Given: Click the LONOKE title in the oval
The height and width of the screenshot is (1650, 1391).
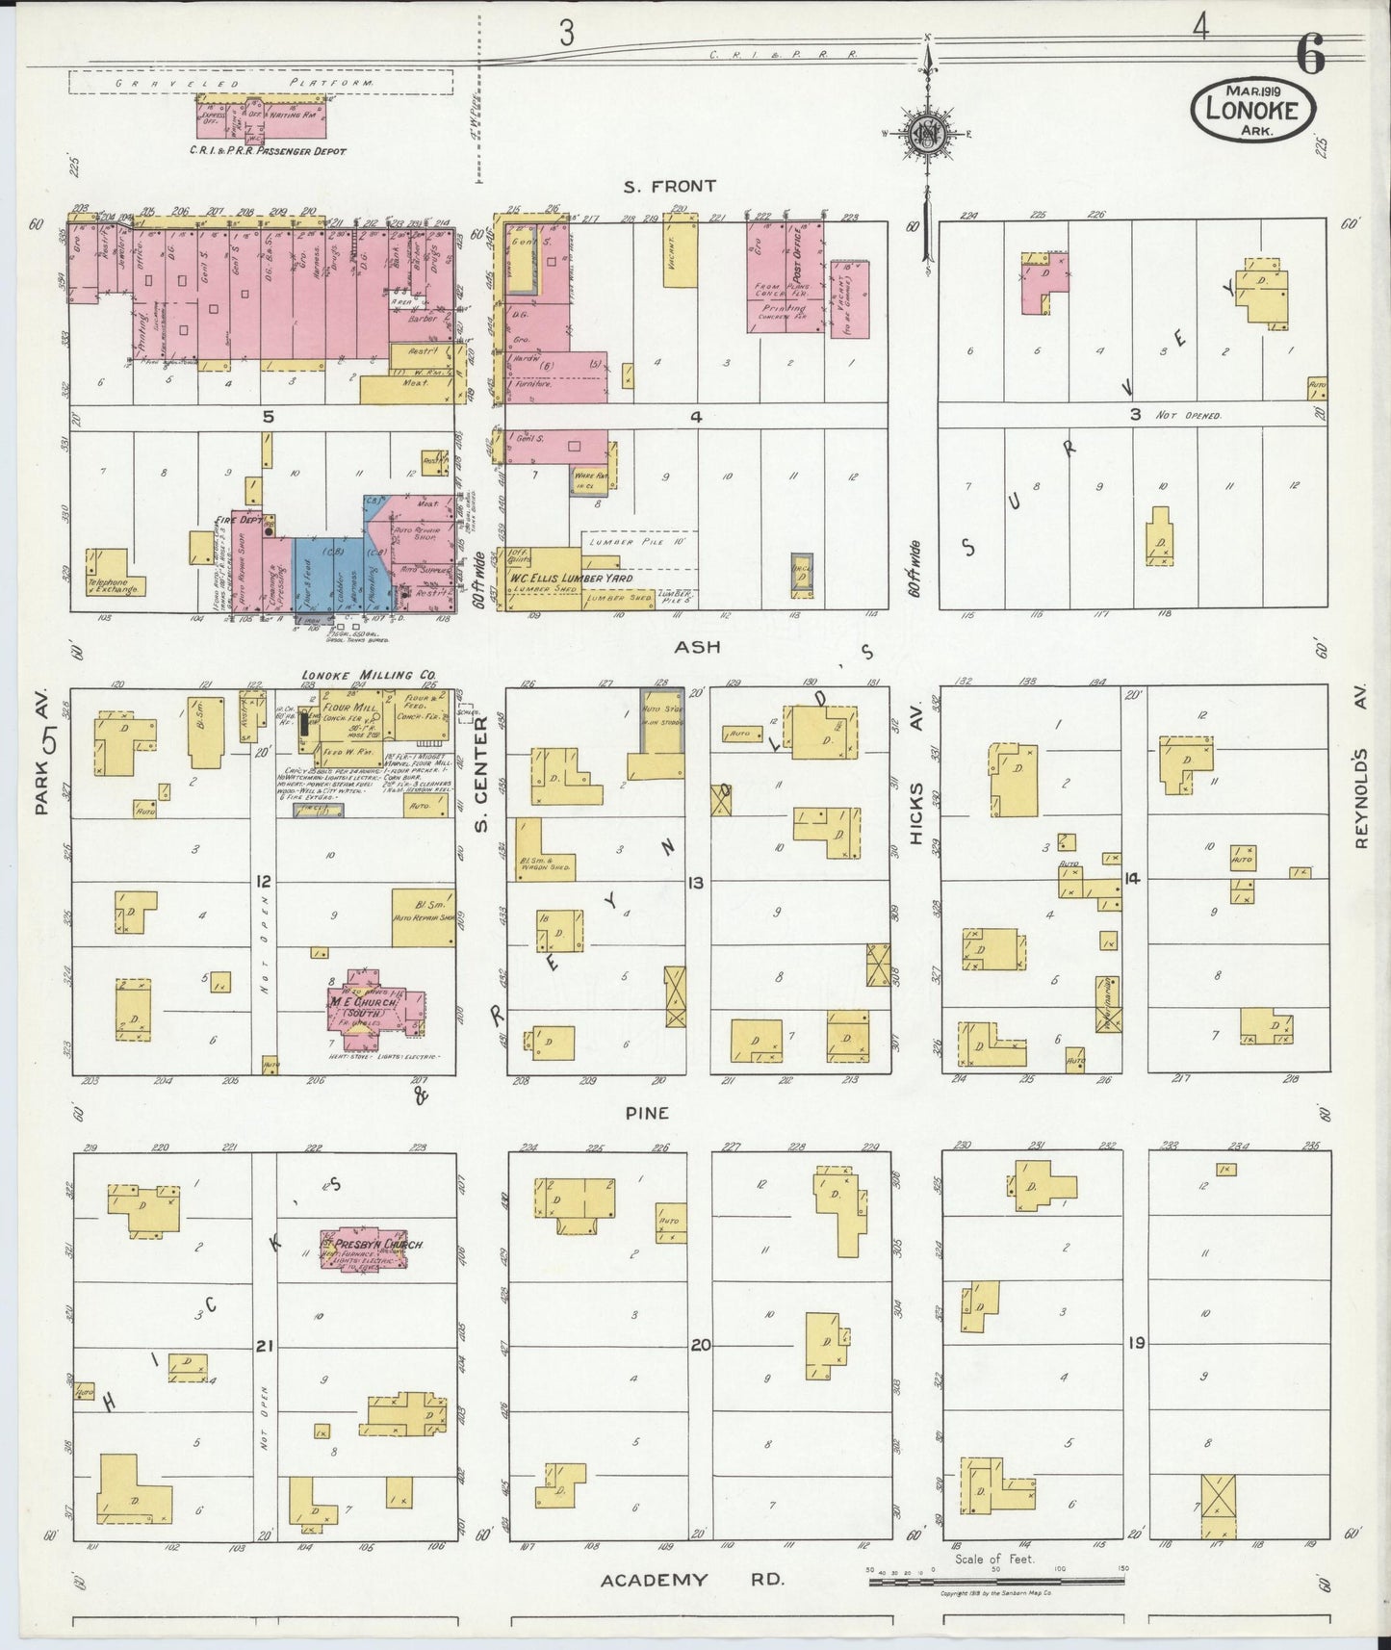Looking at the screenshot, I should pyautogui.click(x=1253, y=110).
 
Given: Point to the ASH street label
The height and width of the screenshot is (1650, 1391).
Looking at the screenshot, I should pyautogui.click(x=697, y=647).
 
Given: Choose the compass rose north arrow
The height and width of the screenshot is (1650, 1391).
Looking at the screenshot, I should pyautogui.click(x=927, y=135).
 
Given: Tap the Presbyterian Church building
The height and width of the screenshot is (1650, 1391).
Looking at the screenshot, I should pyautogui.click(x=373, y=1246).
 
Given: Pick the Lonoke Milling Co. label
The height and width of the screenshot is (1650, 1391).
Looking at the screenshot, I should pyautogui.click(x=354, y=675).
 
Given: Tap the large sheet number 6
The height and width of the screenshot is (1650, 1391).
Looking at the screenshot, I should pyautogui.click(x=1309, y=58).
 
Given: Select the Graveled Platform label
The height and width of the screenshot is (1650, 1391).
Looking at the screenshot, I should pyautogui.click(x=260, y=84).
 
